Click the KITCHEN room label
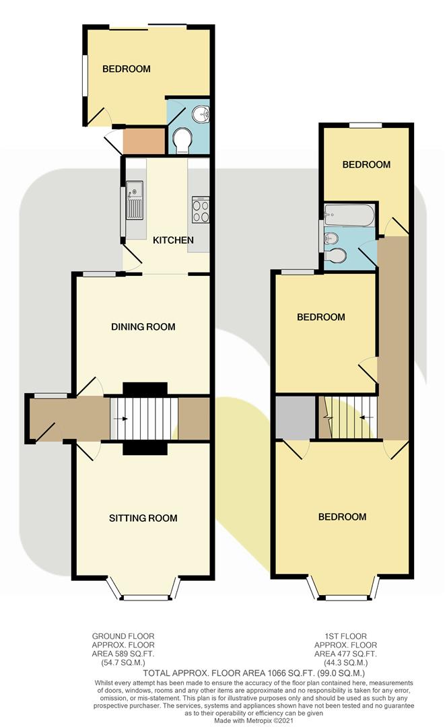tap(173, 240)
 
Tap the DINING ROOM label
tap(143, 327)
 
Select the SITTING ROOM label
tap(143, 518)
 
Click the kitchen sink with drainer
tap(133, 200)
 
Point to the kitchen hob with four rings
tap(201, 209)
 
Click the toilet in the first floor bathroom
tap(338, 256)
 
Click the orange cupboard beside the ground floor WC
tap(143, 140)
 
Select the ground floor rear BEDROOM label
tap(126, 69)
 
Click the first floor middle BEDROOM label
tap(322, 317)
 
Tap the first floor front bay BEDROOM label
tap(342, 517)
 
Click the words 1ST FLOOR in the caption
tap(341, 635)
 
